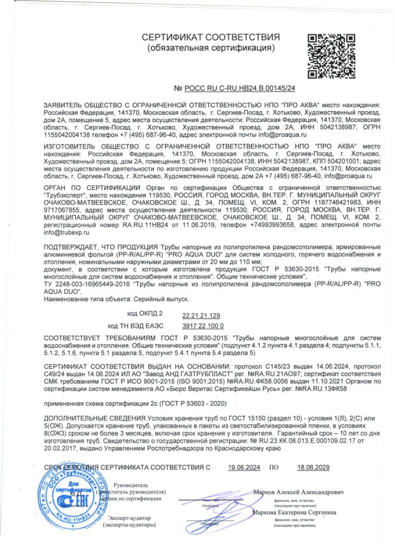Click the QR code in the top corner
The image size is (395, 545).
329,55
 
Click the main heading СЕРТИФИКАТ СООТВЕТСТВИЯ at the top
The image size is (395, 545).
211,37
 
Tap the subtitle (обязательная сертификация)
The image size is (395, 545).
211,48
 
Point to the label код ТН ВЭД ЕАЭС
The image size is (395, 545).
135,326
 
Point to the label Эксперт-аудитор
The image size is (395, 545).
130,517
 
